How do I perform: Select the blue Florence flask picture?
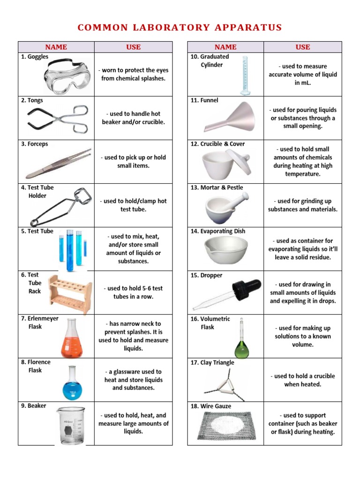click(x=72, y=383)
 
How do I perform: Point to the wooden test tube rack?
click(x=71, y=294)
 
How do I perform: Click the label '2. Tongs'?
click(x=32, y=100)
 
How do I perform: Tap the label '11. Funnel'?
click(x=204, y=100)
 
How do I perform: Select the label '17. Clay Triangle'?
click(x=212, y=362)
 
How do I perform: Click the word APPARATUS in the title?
click(x=248, y=28)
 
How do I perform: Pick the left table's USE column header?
click(x=133, y=47)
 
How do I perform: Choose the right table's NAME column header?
click(x=225, y=47)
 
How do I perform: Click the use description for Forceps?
click(x=133, y=162)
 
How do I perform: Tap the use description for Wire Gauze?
click(x=303, y=424)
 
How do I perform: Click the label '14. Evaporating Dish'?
click(x=217, y=231)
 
